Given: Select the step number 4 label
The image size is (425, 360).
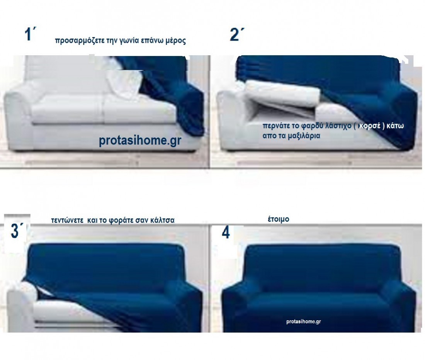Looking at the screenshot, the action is pos(226,232).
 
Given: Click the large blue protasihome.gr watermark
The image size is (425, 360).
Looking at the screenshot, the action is pos(140,140).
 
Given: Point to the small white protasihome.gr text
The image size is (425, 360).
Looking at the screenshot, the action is pos(304,321).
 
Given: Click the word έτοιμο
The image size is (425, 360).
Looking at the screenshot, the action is pos(278,219).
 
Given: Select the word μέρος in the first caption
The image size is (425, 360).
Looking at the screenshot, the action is pos(176,41).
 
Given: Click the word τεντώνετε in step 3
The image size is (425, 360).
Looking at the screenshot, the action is pos(67,220).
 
